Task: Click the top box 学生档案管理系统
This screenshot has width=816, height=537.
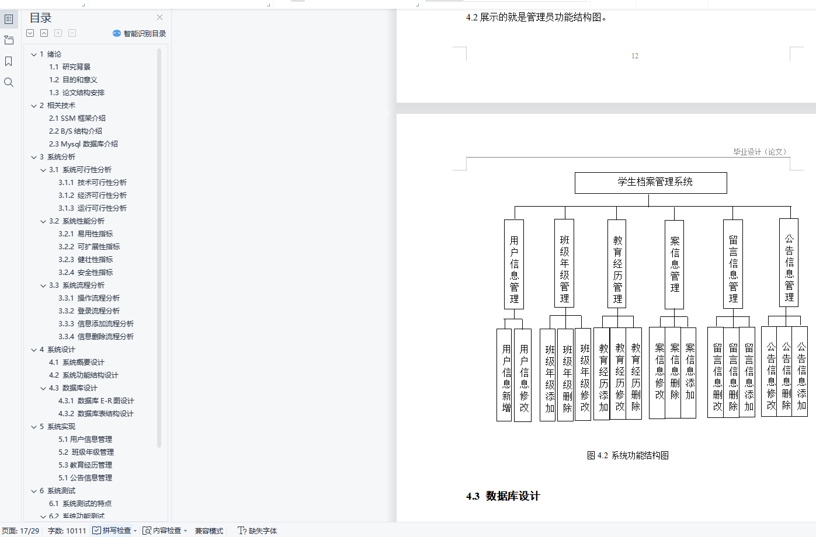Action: click(651, 183)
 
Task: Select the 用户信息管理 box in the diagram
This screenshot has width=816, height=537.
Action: click(514, 264)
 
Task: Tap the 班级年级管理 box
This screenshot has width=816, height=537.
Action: click(564, 263)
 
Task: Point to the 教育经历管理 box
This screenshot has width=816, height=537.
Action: click(617, 264)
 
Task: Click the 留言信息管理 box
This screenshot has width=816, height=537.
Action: click(733, 264)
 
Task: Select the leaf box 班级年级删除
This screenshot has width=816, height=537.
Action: click(567, 375)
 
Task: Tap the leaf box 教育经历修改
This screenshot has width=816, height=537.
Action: click(620, 374)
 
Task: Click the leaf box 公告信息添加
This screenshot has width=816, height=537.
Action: click(801, 371)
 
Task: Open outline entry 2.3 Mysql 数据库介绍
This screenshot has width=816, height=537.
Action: click(84, 144)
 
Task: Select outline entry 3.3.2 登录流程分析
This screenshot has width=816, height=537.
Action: click(89, 311)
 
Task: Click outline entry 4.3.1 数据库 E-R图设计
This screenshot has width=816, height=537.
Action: click(96, 401)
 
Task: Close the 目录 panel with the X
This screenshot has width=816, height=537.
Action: click(159, 18)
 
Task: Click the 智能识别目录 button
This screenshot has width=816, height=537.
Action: click(140, 34)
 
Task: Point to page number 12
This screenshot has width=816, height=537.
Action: click(635, 56)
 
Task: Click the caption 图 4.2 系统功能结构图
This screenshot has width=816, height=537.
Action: click(628, 455)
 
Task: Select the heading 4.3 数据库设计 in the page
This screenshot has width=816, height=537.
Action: click(503, 496)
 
